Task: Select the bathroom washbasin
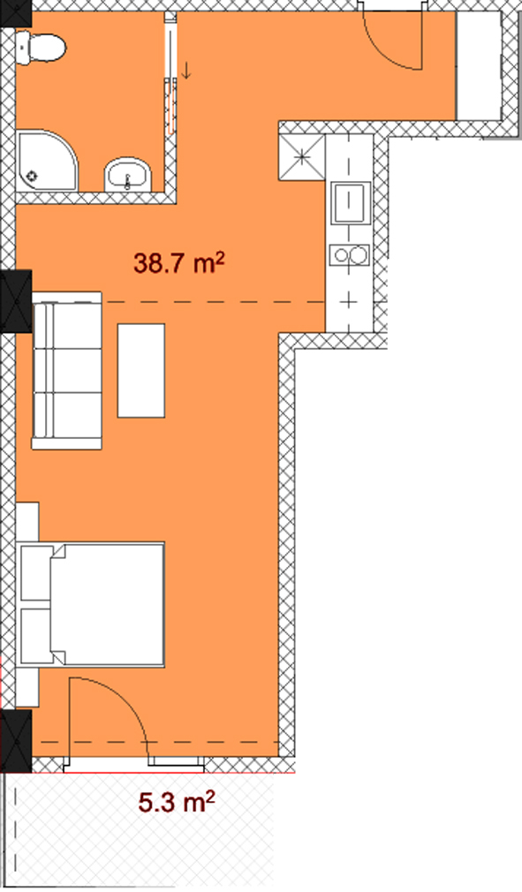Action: (128, 175)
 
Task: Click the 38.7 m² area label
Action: (179, 263)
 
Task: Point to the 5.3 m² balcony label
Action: (177, 802)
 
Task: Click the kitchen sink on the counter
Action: (351, 203)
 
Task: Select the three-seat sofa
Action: (66, 371)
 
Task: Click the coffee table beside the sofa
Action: (141, 371)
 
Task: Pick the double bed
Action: (92, 604)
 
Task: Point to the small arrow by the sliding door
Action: (186, 72)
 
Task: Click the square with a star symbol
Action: (301, 157)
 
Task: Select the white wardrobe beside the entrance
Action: (478, 65)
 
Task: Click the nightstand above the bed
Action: (27, 522)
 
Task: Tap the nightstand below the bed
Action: (27, 687)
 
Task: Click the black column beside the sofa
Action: (16, 302)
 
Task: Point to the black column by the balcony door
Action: (16, 741)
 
